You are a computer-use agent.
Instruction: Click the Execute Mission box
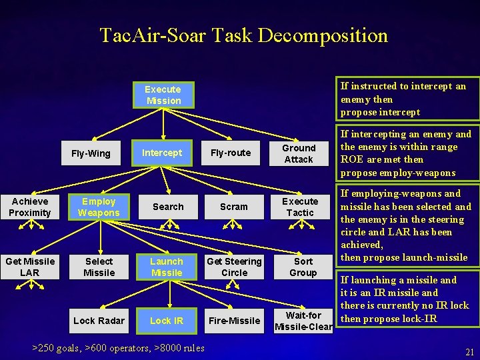point(163,95)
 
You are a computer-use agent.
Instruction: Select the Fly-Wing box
point(91,153)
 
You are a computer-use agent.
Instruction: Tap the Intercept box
point(162,153)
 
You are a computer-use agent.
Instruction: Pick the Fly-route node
point(230,153)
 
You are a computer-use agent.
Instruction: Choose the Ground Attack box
point(299,153)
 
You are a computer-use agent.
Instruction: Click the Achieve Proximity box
point(30,207)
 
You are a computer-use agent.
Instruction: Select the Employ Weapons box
point(99,207)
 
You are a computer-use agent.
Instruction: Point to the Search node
point(168,207)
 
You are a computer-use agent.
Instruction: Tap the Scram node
point(234,207)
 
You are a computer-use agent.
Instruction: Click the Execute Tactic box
point(300,207)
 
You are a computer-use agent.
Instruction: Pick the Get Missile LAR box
point(30,267)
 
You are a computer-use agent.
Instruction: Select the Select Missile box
point(99,267)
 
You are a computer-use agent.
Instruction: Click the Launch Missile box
point(167,267)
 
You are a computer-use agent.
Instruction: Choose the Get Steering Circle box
point(234,267)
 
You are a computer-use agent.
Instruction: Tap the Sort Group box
point(303,267)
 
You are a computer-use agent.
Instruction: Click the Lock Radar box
point(99,321)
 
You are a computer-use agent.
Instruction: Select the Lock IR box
point(167,321)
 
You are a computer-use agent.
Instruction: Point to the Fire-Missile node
point(234,321)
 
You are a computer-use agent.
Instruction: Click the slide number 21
point(469,352)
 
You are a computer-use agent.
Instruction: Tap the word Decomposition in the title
point(322,35)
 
